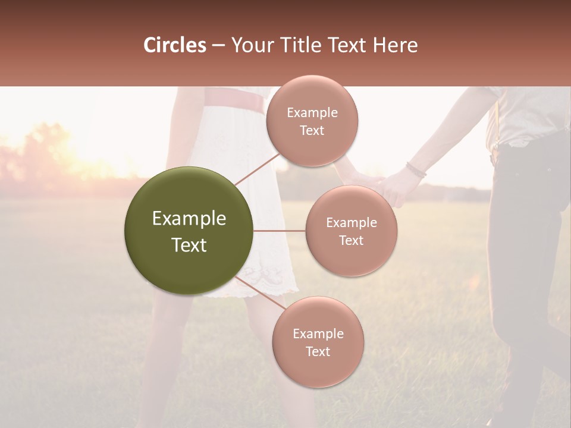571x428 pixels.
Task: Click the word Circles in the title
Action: (174, 45)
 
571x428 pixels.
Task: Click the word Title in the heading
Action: (302, 45)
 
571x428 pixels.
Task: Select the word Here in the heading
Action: (395, 45)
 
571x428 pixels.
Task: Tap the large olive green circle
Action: (189, 231)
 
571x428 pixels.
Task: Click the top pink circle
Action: (312, 121)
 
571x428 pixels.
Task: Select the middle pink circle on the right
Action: (351, 231)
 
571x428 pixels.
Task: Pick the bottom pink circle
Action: (318, 342)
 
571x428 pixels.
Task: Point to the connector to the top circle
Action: (257, 168)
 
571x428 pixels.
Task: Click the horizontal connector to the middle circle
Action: (279, 231)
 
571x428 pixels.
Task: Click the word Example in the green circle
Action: (189, 219)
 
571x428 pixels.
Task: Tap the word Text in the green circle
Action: (189, 245)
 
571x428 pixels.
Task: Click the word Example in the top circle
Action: (312, 113)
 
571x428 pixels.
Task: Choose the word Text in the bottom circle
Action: (318, 351)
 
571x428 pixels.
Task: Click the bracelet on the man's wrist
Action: (416, 171)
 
